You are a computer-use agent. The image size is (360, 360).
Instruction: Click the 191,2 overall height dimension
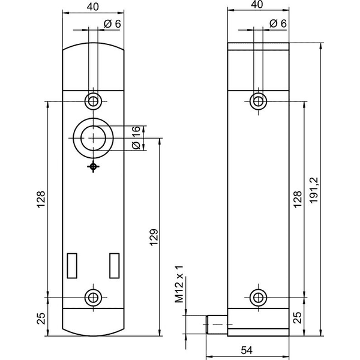click(x=314, y=190)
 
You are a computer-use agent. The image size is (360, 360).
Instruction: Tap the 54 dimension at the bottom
click(x=247, y=350)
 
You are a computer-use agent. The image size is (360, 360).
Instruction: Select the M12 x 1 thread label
click(x=179, y=284)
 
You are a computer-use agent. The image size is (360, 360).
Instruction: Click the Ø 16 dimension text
click(x=136, y=138)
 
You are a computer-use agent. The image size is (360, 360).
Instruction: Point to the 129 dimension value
click(x=154, y=237)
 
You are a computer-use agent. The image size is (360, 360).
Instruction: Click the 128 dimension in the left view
click(x=41, y=199)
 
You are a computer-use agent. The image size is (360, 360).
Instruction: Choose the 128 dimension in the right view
click(x=298, y=199)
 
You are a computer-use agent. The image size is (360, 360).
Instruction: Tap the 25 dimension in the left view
click(x=41, y=319)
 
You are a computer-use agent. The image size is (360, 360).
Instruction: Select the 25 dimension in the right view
click(x=298, y=318)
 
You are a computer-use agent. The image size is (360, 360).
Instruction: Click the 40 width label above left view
click(x=93, y=7)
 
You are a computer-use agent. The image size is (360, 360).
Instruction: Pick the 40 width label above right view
click(x=257, y=5)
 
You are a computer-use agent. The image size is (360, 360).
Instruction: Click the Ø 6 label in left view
click(x=112, y=24)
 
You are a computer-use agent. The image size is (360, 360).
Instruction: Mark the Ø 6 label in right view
click(x=278, y=23)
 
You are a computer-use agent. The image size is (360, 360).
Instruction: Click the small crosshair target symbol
click(x=93, y=167)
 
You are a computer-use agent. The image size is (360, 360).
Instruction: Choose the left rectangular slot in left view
click(x=72, y=266)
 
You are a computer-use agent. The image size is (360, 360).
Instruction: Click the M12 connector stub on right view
click(x=217, y=325)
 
